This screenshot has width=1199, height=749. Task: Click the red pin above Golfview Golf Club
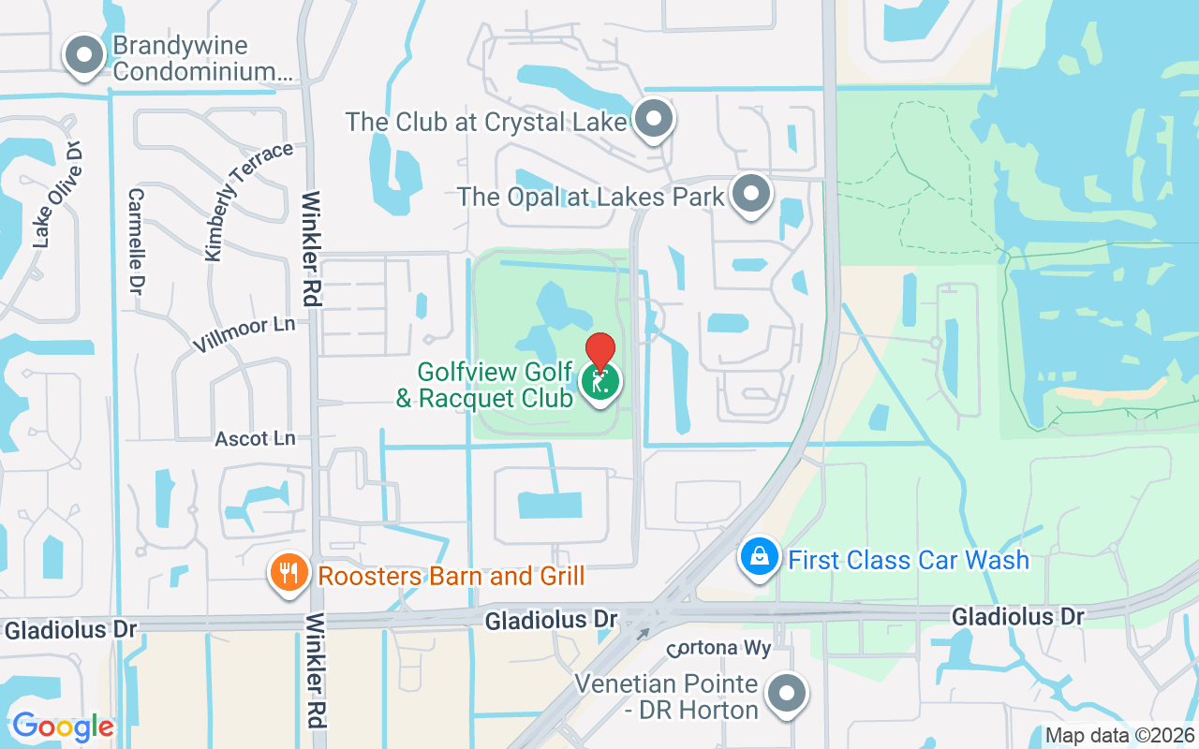click(x=600, y=349)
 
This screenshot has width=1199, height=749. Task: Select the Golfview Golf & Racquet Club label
click(x=485, y=385)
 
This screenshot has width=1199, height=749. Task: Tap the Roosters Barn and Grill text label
click(x=451, y=575)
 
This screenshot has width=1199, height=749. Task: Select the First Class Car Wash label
click(x=908, y=560)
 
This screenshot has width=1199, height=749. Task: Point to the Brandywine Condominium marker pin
click(x=85, y=54)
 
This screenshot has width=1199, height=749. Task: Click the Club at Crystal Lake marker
click(x=654, y=119)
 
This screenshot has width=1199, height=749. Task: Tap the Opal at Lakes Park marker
click(x=750, y=194)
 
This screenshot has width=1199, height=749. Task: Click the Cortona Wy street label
click(x=718, y=649)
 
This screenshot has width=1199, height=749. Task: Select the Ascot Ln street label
click(x=255, y=438)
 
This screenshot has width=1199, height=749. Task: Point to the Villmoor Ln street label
click(x=244, y=334)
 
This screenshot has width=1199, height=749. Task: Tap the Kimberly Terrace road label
click(x=247, y=201)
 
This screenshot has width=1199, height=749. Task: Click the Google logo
click(x=63, y=727)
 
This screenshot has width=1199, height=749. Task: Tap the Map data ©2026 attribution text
click(x=1119, y=735)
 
